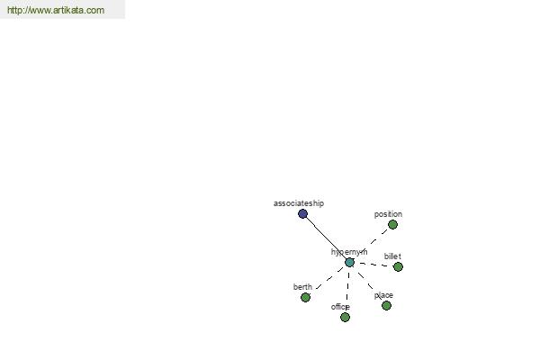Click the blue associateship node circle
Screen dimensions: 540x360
[x=302, y=214]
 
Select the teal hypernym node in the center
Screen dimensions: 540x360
[x=349, y=263]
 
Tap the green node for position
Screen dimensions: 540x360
[x=392, y=225]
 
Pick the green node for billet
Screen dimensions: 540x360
[x=398, y=266]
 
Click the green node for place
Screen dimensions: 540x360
[x=386, y=306]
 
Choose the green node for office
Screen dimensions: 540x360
[x=345, y=318]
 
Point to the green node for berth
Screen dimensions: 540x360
[x=305, y=297]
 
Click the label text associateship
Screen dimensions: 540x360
[x=299, y=203]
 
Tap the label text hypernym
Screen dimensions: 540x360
[x=349, y=252]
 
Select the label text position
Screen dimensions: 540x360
[x=388, y=214]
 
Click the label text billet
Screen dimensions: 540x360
[x=392, y=256]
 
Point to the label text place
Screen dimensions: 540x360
[x=383, y=295]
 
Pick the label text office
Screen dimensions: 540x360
[x=340, y=307]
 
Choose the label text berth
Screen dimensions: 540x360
[x=302, y=287]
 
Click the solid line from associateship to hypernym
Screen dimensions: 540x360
[x=326, y=238]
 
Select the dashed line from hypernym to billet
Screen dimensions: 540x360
[x=373, y=265]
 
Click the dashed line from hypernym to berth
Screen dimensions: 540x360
[x=329, y=278]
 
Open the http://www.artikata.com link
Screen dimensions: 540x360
[x=56, y=10]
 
